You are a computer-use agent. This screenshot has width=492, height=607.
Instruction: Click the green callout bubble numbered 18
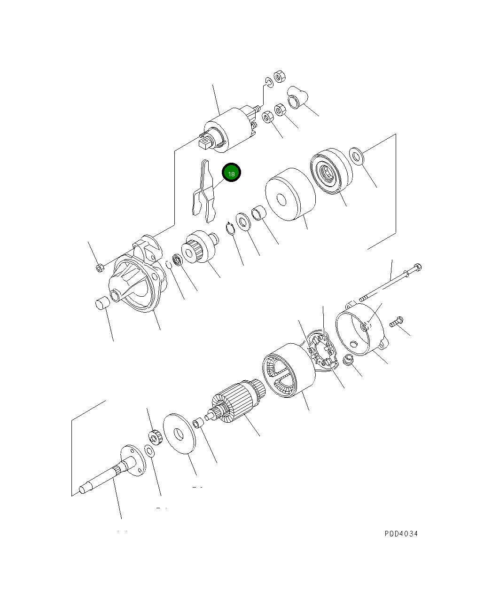click(231, 173)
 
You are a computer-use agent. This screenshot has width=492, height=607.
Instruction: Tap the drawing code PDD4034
click(401, 534)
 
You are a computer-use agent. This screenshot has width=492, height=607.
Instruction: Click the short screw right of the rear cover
click(396, 322)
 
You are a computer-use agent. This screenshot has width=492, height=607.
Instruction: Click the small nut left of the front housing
click(99, 268)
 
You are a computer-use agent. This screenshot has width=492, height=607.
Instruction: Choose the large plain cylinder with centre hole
click(289, 194)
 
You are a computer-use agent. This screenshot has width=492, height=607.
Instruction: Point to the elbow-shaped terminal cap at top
click(297, 96)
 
